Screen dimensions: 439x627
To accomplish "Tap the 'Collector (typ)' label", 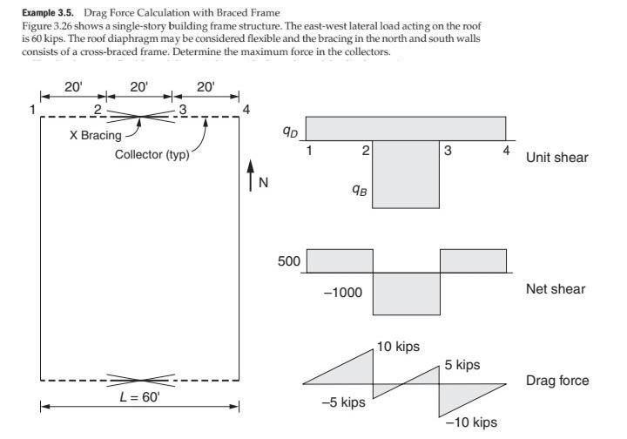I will click(x=152, y=155).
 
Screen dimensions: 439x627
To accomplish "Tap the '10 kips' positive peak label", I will click(x=399, y=347).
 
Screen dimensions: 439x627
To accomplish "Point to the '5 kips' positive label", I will click(x=462, y=364).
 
